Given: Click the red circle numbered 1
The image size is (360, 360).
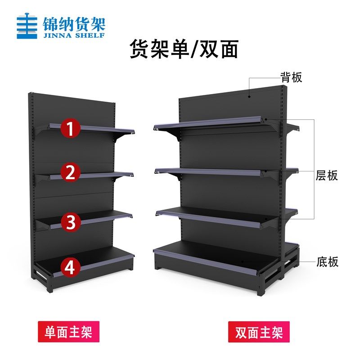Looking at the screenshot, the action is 71,128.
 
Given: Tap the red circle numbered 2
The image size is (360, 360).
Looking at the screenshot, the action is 71,173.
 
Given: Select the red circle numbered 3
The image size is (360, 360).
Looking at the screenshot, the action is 71,221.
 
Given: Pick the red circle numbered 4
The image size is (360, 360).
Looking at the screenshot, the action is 71,267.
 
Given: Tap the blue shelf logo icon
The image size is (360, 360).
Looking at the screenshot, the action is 27,27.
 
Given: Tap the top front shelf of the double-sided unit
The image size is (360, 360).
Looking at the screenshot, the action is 211,124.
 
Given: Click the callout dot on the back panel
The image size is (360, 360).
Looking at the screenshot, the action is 250,95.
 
